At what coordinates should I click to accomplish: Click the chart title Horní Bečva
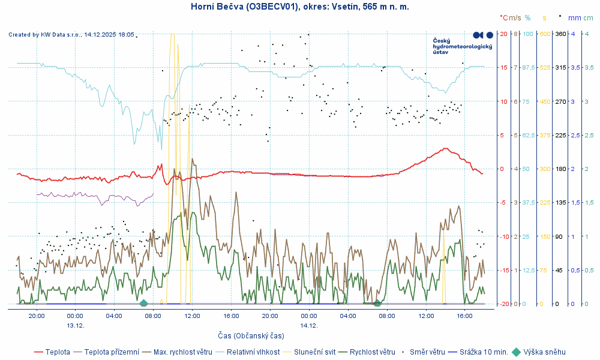pos(299,7)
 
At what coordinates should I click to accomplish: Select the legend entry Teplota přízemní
pos(112,352)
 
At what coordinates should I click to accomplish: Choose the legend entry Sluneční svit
pos(313,352)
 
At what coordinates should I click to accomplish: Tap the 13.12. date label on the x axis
pos(75,325)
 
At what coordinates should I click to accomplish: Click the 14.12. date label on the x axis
pos(309,325)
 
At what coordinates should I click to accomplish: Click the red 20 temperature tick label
pos(502,34)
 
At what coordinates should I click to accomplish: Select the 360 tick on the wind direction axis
pos(560,34)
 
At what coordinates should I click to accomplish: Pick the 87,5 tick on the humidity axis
pos(529,68)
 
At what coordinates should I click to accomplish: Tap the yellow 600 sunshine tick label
pos(545,34)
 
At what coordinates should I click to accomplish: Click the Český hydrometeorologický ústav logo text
pos(462,46)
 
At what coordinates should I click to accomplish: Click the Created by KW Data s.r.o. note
pos(71,35)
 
